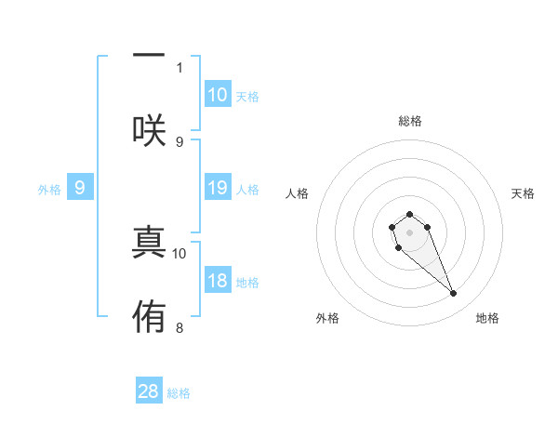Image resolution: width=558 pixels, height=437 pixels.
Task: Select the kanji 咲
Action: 149,130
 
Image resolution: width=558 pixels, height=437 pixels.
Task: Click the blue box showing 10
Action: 218,95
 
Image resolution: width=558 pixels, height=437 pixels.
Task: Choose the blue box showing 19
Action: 218,189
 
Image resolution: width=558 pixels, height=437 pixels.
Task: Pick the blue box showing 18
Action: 218,282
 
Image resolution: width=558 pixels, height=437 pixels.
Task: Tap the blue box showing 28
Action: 149,391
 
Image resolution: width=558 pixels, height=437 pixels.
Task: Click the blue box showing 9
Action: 80,189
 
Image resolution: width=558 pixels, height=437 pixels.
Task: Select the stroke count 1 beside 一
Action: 179,67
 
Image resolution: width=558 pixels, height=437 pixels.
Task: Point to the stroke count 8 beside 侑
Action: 179,327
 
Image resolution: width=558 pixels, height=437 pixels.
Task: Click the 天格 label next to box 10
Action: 247,96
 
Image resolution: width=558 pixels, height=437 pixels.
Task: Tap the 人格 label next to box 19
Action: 247,190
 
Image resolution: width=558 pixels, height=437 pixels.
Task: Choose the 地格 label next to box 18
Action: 247,283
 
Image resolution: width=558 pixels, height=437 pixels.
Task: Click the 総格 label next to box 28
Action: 179,393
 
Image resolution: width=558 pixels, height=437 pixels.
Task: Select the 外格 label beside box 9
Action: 49,190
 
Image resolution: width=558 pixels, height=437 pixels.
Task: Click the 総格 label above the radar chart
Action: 409,121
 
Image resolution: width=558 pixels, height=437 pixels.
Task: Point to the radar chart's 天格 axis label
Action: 524,193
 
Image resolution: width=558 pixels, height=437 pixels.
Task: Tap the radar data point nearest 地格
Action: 454,294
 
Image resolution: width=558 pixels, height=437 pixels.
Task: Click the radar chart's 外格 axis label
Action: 327,318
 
